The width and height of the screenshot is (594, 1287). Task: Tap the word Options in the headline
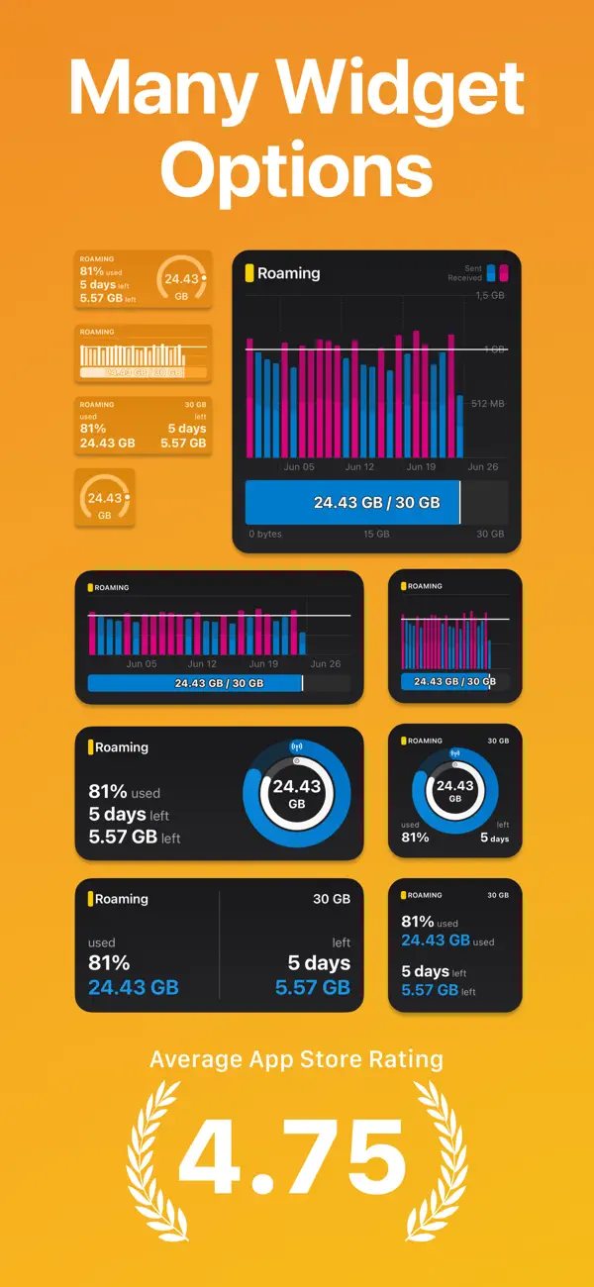(x=297, y=170)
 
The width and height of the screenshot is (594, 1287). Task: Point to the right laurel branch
(x=442, y=1148)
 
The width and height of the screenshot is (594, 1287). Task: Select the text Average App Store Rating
(x=296, y=1059)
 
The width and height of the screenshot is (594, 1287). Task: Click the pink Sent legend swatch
(x=503, y=273)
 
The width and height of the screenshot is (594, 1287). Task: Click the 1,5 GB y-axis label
(x=489, y=296)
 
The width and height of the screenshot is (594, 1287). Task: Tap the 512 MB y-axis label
(x=487, y=403)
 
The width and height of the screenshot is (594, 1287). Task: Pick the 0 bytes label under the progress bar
(x=264, y=535)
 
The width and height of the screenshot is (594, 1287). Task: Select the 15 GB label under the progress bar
(x=375, y=535)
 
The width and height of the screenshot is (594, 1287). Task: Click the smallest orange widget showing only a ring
(x=105, y=498)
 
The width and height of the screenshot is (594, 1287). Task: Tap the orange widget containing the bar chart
(x=144, y=353)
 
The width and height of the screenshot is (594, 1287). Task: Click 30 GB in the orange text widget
(x=195, y=405)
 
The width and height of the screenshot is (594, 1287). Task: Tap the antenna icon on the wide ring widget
(x=296, y=744)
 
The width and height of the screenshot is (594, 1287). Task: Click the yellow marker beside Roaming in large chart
(x=249, y=273)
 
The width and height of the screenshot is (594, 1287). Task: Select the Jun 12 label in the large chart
(x=359, y=467)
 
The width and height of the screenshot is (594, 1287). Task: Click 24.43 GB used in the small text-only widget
(x=436, y=940)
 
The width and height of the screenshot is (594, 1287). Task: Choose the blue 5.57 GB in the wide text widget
(x=312, y=987)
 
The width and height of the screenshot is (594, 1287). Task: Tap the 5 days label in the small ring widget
(x=494, y=838)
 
